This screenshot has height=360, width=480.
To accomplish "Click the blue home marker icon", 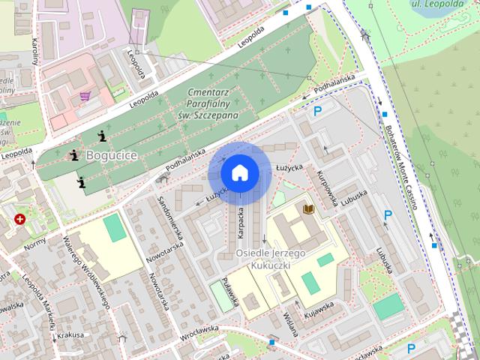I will (x=239, y=173).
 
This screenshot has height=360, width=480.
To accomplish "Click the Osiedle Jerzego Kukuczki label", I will (x=270, y=259).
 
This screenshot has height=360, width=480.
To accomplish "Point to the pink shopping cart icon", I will (x=86, y=96).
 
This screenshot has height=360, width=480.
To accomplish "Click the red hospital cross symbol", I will (x=20, y=220).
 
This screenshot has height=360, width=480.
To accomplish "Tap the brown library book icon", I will (x=307, y=208).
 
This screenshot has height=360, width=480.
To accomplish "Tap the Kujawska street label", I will (x=318, y=308).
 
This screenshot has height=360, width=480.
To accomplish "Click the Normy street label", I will (x=34, y=244).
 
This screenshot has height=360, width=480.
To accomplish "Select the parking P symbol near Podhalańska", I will (x=318, y=112).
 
